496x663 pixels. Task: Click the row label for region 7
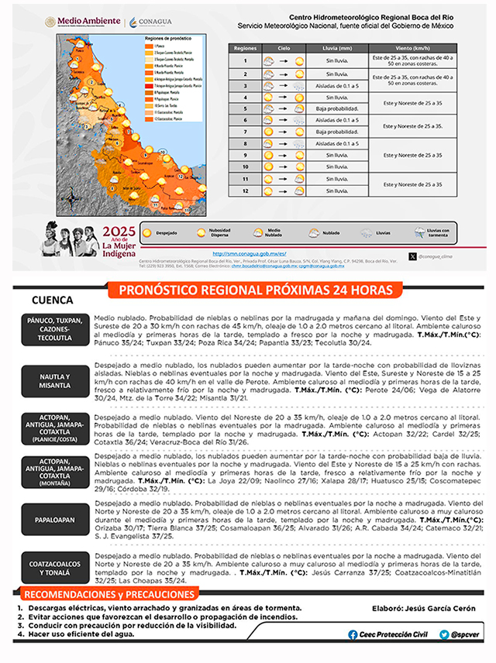click(245, 132)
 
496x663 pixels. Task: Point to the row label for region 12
click(245, 191)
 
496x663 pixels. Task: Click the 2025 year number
click(119, 231)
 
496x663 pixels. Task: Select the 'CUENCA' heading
click(53, 301)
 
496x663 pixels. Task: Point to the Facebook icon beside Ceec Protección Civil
click(353, 634)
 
